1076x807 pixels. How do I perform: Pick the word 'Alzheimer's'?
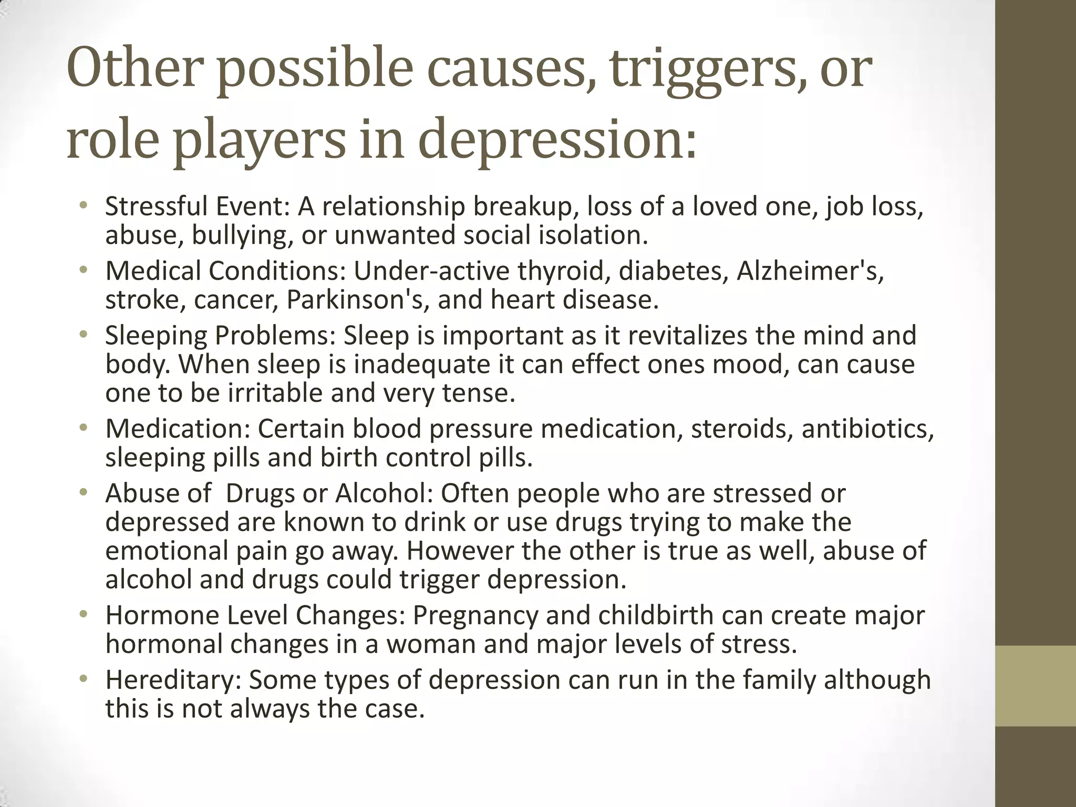click(811, 271)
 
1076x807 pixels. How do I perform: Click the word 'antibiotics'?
click(868, 429)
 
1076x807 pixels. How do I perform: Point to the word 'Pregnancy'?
click(475, 616)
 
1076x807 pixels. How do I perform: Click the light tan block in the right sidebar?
click(1036, 686)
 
